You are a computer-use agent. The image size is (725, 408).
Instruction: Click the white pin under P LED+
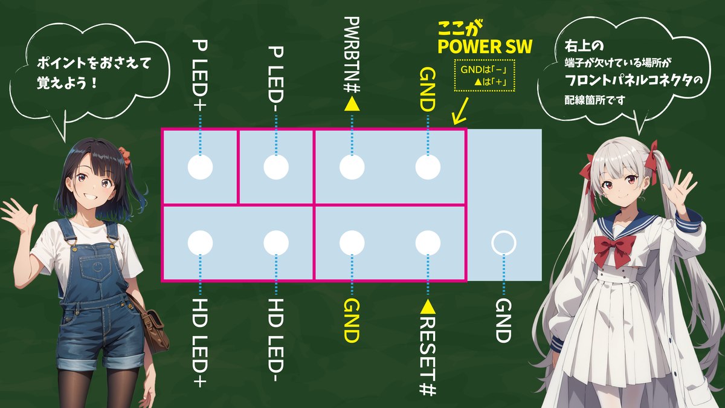coord(200,167)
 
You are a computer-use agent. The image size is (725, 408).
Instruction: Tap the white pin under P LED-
coord(276,167)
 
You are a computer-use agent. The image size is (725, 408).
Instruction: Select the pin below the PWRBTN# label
coord(352,167)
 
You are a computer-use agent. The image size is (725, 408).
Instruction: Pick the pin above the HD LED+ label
coord(200,243)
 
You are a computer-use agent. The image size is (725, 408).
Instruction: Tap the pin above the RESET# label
coord(428,243)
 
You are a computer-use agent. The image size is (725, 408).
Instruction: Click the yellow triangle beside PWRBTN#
coord(352,104)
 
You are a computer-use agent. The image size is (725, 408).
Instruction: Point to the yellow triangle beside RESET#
coord(428,307)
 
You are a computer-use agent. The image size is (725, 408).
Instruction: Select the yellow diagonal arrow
coord(460,111)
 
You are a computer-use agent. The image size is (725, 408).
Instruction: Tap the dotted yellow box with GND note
coord(485,76)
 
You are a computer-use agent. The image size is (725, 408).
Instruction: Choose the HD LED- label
coord(275,340)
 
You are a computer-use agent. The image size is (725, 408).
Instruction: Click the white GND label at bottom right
coord(504,320)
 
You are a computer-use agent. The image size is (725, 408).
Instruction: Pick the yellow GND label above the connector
coord(428,89)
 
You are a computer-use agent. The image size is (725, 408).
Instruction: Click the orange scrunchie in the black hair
coord(124,155)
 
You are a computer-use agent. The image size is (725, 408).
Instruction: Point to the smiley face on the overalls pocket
coord(97,267)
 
